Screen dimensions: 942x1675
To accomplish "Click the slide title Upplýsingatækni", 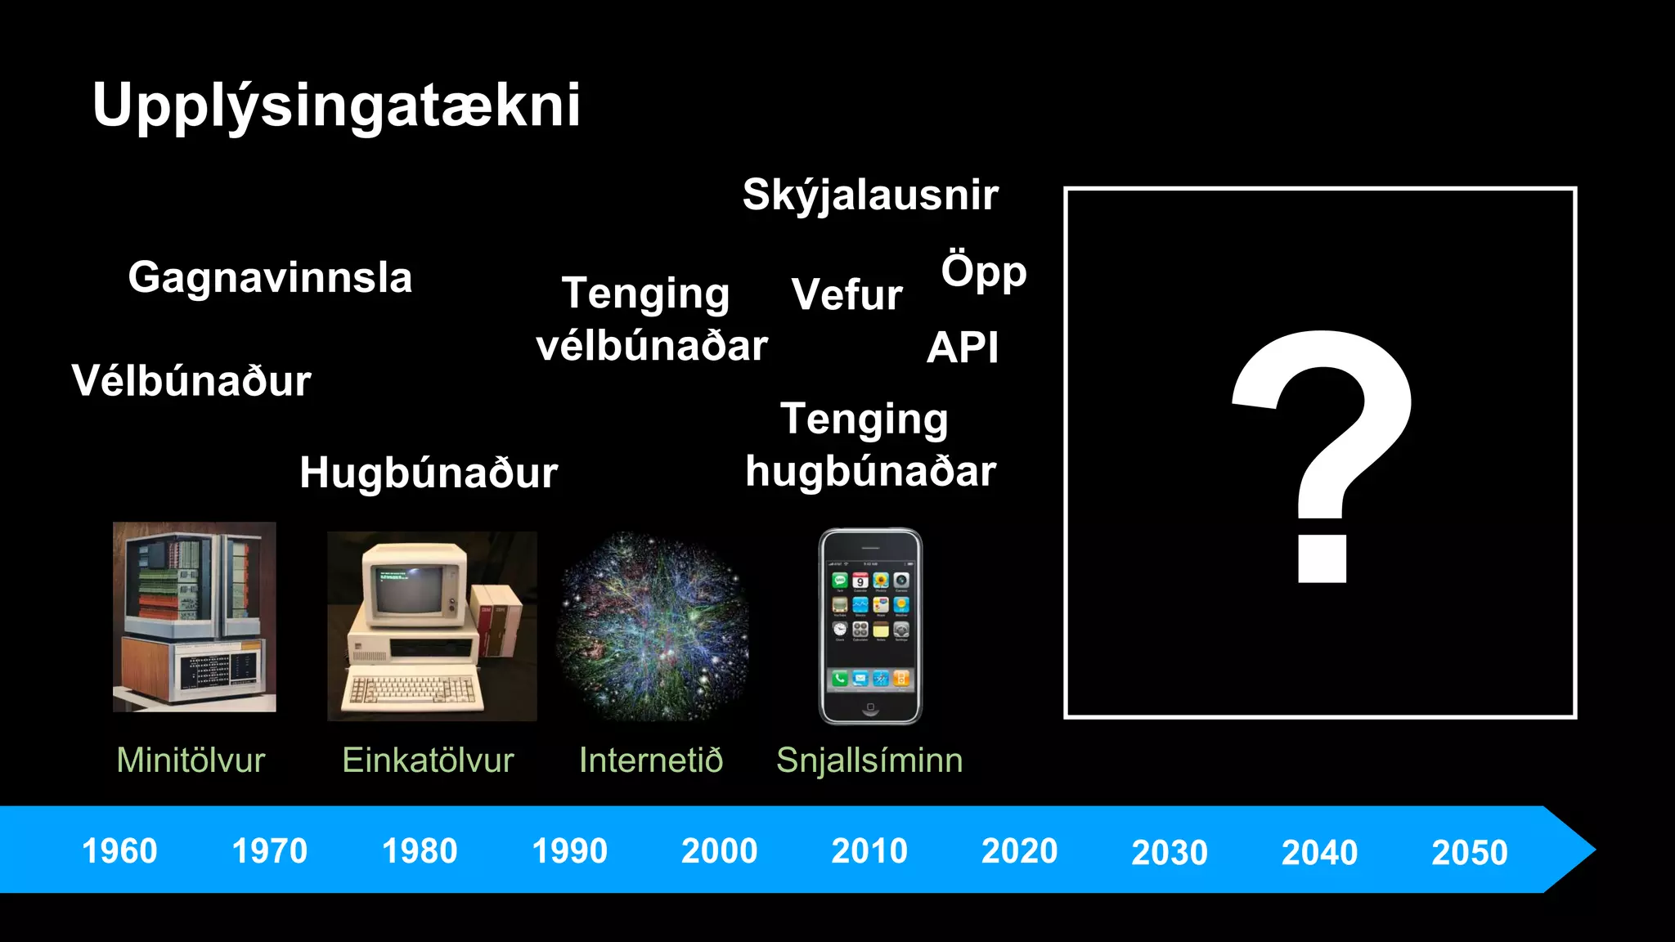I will tap(336, 105).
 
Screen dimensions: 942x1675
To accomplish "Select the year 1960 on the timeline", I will tap(119, 851).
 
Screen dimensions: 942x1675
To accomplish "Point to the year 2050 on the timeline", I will tap(1469, 853).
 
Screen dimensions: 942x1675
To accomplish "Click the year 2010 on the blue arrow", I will tap(869, 851).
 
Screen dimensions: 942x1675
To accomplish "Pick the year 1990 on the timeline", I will tap(569, 851).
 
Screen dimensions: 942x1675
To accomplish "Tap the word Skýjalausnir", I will tap(870, 195).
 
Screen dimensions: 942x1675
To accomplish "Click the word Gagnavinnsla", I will tap(270, 277).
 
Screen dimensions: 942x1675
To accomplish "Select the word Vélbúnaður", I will tap(191, 381).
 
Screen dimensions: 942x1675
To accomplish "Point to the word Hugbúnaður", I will tap(429, 473).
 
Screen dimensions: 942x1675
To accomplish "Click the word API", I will tap(963, 348).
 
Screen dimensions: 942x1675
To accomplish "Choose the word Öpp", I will tap(983, 271).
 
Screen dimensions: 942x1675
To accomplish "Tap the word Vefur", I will tap(847, 294).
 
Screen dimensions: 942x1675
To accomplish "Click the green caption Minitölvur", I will tap(191, 760).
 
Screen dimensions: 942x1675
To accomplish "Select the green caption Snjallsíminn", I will tap(869, 760).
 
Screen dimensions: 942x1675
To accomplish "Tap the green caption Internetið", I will tap(651, 760).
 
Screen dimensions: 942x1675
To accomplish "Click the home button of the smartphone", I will tap(870, 706).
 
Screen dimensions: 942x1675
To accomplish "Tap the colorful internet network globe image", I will tap(653, 626).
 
